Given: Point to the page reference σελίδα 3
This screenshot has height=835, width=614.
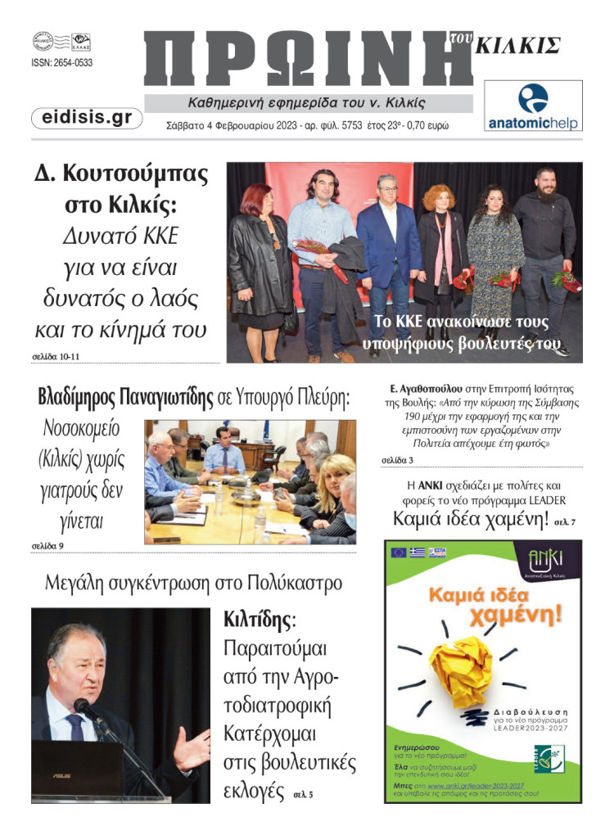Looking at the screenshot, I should coord(397,460).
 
